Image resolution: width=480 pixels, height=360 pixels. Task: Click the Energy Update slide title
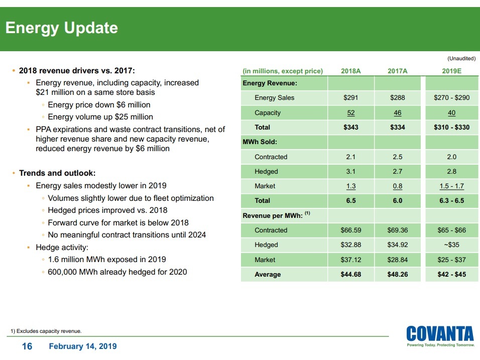[x=61, y=28]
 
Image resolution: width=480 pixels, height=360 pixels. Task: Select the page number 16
[x=27, y=346]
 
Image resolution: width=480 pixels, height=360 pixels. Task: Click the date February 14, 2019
[x=83, y=346]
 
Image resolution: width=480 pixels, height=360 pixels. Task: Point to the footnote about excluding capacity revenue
[x=46, y=331]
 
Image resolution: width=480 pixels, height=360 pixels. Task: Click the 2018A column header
[x=350, y=71]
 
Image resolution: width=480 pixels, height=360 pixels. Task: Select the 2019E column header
[x=451, y=71]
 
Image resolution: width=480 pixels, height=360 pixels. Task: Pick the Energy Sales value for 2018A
[x=350, y=97]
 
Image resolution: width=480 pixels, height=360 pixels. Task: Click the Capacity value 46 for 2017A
[x=397, y=113]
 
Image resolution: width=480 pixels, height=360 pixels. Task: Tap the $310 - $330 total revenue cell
[x=451, y=127]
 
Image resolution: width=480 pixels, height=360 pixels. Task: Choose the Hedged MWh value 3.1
[x=350, y=172]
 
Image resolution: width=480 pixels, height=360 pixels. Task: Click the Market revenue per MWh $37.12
[x=350, y=260]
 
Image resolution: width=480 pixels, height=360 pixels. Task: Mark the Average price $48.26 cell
[x=397, y=274]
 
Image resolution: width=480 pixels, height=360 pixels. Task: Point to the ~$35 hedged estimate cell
[x=451, y=245]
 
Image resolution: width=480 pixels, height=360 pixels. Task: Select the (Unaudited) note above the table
[x=460, y=58]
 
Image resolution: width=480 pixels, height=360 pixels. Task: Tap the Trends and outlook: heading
[x=57, y=173]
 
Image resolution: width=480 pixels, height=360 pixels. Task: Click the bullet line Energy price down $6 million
[x=99, y=105]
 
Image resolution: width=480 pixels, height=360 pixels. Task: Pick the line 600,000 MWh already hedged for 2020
[x=117, y=272]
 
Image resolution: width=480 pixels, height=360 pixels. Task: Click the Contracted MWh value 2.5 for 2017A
[x=397, y=157]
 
